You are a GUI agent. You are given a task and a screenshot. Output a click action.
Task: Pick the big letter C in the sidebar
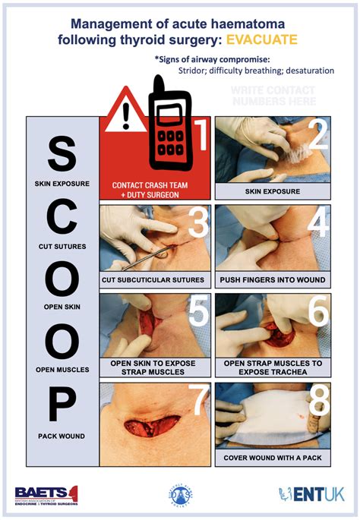[62, 220]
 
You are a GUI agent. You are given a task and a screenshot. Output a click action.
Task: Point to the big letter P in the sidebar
[62, 406]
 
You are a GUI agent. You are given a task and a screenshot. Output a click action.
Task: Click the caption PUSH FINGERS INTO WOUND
[273, 280]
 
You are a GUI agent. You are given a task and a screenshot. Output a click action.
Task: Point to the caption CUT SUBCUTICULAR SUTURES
[155, 280]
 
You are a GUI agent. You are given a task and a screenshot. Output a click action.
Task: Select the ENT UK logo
[311, 494]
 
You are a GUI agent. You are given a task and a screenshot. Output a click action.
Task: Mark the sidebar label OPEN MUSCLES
[62, 370]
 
